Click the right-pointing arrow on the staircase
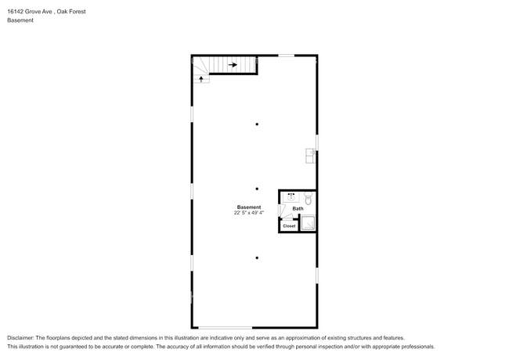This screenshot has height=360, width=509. (233, 65)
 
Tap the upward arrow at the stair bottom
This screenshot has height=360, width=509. (201, 79)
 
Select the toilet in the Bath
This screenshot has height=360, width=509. (309, 198)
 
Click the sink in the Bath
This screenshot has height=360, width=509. (291, 197)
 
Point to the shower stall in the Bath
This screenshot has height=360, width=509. (308, 223)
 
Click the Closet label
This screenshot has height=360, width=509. (289, 226)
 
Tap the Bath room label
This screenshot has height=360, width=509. (298, 208)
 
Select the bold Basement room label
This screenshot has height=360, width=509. (249, 207)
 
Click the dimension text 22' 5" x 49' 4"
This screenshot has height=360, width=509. (249, 213)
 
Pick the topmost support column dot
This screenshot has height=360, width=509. (257, 124)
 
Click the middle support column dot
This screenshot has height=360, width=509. (257, 189)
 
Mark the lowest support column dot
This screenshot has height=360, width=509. (257, 257)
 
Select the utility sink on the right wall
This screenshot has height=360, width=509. (311, 156)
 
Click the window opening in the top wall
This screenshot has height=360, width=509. (287, 56)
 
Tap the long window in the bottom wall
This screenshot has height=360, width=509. (226, 328)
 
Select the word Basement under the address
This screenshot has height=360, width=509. (20, 20)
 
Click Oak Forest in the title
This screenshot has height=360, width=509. (71, 12)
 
